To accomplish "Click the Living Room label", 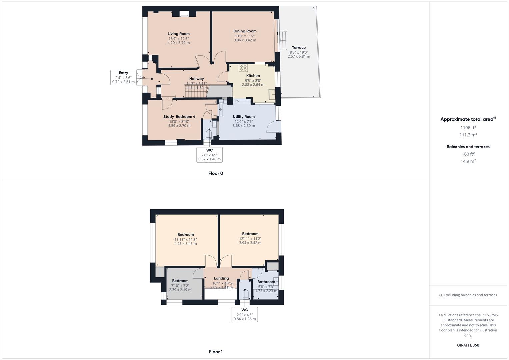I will point(178,34).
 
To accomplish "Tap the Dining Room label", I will point(245,31).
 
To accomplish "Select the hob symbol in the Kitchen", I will point(243,68).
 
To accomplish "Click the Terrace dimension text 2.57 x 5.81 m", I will point(299,57).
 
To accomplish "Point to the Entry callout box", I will point(123,77).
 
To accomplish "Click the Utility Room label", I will point(243,117).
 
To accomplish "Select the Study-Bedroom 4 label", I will point(179,117).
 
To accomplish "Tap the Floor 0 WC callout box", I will point(209,155).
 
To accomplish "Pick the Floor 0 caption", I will point(216,173).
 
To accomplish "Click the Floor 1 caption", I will point(216,352).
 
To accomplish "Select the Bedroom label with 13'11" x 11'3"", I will point(185,235).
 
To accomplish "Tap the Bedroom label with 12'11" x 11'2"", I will point(250,234).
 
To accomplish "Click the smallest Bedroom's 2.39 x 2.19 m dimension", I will point(180,290).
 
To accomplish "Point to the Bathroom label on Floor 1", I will point(266,282).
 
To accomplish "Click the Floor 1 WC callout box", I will point(245,314).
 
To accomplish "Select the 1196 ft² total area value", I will point(468,127).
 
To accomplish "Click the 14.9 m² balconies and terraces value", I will point(468,161).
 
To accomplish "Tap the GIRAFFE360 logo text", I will point(468,345).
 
